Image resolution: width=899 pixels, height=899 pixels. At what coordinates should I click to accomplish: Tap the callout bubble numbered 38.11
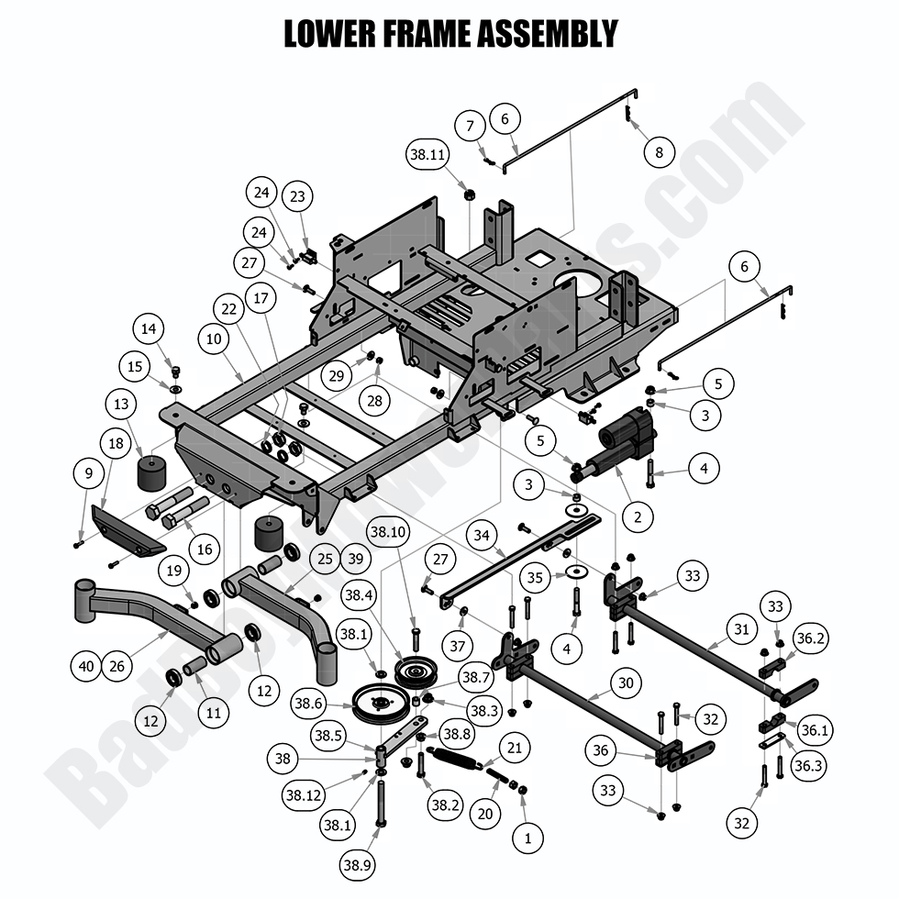tap(428, 157)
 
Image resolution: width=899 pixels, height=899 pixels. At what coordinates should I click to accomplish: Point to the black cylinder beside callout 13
tap(153, 472)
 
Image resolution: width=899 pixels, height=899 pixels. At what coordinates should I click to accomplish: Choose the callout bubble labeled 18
tap(116, 443)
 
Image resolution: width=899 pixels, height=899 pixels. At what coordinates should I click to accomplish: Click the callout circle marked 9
tap(89, 473)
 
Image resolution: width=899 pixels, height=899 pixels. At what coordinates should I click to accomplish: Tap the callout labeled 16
tap(204, 549)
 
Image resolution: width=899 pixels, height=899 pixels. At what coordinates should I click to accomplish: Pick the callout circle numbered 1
tap(527, 837)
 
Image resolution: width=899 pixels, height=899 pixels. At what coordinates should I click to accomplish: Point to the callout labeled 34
tap(482, 535)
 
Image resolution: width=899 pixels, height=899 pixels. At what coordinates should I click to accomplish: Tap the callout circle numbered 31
tap(741, 630)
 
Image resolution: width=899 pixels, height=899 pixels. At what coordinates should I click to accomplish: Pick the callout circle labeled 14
tap(149, 327)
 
